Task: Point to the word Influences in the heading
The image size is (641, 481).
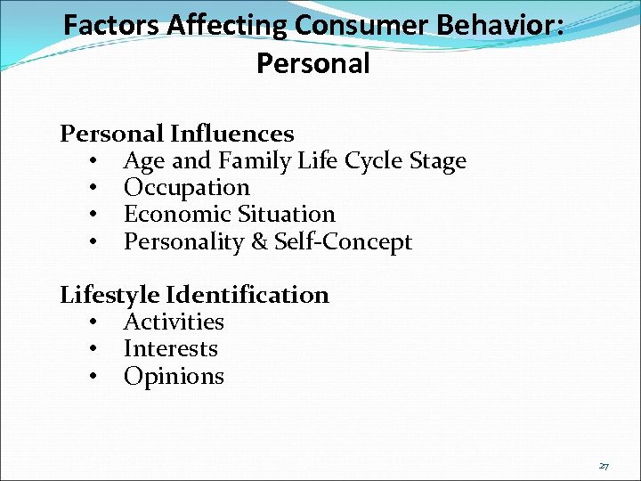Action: click(231, 134)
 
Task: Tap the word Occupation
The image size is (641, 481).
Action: click(187, 188)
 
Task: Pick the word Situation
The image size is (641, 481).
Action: click(286, 215)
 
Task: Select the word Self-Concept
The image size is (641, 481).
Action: click(343, 242)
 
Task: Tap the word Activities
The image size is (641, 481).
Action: click(174, 322)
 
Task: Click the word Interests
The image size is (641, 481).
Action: click(170, 348)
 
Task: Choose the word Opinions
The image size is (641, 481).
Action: click(174, 376)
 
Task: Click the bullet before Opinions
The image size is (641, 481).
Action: click(93, 377)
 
